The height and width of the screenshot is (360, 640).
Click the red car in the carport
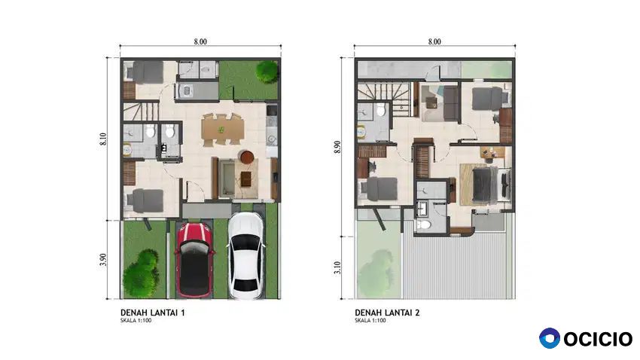coord(194,260)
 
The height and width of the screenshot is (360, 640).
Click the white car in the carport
coord(245,256)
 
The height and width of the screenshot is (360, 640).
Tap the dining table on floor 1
coord(222,130)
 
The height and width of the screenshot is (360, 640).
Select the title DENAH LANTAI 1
coord(153,313)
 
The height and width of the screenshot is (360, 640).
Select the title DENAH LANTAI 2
coord(387,313)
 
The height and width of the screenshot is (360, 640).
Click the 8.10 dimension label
coord(103,139)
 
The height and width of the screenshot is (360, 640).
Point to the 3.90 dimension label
coord(103,260)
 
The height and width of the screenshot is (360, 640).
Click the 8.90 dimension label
coord(337,147)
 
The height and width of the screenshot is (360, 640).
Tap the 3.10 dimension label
coord(337,268)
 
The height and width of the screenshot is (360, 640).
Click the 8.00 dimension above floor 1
coord(200,41)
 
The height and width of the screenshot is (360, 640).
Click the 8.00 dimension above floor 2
coord(434,41)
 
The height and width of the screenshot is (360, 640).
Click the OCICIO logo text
coord(598,339)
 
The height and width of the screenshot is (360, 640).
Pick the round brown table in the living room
coord(246,157)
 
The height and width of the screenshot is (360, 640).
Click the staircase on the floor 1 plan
coord(141,111)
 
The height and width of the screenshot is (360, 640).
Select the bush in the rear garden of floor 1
coord(267,72)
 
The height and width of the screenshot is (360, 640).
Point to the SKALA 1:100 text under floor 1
coord(136,320)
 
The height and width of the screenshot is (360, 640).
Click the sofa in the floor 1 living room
coord(227,178)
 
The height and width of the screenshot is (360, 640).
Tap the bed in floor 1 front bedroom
coord(145,201)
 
